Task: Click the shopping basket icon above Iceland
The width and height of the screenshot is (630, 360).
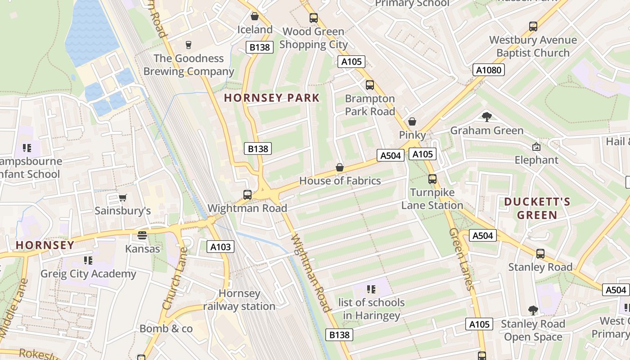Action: pos(255,17)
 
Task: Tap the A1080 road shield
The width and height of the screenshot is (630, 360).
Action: pos(489,70)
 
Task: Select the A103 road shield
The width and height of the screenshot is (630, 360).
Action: pos(220,247)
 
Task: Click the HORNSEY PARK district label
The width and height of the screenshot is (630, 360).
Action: pos(272,98)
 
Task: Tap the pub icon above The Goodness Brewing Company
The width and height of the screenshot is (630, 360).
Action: pos(189,45)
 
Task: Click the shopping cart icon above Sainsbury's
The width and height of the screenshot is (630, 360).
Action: pos(122,198)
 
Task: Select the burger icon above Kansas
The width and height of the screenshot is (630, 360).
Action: pos(142,235)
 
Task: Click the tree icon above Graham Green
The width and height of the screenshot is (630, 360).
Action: pos(486,117)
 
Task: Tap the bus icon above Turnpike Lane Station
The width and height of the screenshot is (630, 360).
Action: pos(432,179)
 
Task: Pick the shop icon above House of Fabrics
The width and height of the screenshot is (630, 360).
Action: pos(340,168)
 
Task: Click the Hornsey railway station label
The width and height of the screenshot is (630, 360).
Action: pos(239,300)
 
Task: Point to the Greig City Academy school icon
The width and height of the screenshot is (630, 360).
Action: pos(88,261)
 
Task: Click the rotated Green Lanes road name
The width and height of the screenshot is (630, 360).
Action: pos(462,259)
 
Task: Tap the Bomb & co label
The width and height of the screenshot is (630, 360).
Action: pos(166,329)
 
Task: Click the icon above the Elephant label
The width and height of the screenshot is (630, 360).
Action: pos(536,147)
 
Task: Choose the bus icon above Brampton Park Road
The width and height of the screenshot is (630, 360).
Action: pos(370,85)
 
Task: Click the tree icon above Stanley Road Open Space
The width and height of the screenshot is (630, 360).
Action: pos(533,310)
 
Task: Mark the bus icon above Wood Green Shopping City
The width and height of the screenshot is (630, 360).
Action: pos(314,18)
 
